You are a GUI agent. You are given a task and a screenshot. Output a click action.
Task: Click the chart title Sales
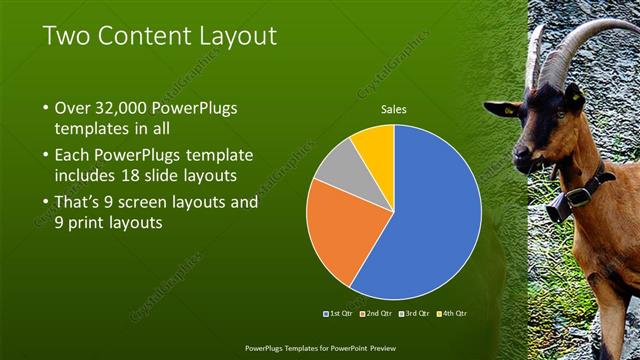point(394,110)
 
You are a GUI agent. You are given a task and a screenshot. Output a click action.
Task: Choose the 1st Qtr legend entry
point(338,313)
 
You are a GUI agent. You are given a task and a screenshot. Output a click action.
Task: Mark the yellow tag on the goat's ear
point(577,100)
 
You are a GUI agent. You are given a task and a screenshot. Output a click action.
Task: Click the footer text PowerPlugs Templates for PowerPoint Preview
point(319,350)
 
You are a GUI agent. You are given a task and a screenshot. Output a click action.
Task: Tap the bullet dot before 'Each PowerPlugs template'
point(46,156)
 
